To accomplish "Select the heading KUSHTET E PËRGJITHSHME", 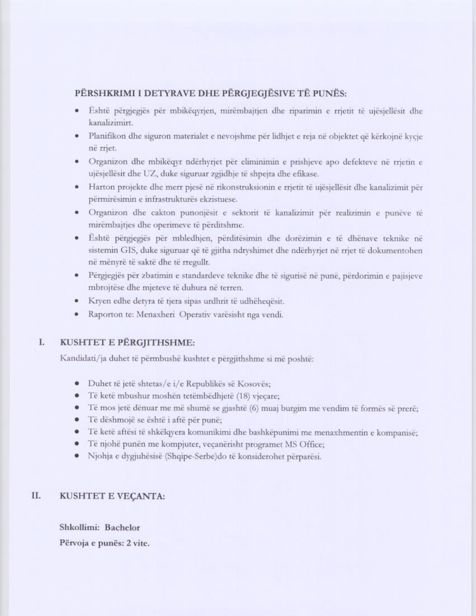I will tap(127, 342).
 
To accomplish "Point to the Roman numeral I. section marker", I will tap(42, 342).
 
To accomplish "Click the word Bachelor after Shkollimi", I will tap(122, 528).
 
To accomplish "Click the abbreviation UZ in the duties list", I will tap(148, 174).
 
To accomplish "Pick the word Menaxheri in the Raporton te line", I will tap(155, 314).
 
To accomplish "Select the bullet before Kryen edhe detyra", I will tap(77, 301).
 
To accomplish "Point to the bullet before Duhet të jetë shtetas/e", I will tap(77, 384).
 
